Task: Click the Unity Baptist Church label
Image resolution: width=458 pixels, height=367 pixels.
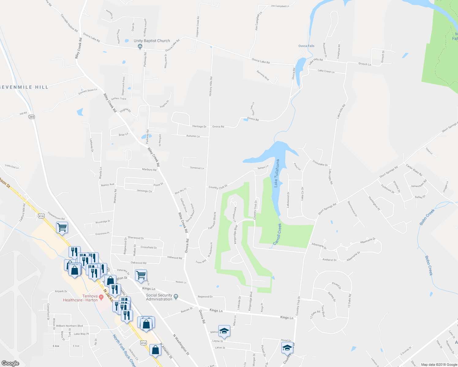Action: (x=152, y=41)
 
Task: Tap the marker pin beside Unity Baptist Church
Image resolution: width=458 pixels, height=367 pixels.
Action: (x=140, y=46)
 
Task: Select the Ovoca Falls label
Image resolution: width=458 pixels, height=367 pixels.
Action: (x=306, y=46)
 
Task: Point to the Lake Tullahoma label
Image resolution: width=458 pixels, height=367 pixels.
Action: (x=277, y=173)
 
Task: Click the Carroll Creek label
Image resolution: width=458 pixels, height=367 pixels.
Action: (x=277, y=234)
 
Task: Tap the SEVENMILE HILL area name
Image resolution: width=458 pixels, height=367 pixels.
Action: (x=24, y=87)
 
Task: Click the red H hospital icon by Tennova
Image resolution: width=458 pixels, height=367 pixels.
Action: (x=101, y=296)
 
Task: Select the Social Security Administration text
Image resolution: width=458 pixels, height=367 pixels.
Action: (x=159, y=297)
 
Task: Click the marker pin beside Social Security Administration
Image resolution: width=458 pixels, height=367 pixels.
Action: (x=176, y=296)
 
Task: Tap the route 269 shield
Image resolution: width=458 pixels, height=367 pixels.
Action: (x=32, y=117)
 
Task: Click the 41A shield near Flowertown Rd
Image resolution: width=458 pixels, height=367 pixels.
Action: (x=41, y=216)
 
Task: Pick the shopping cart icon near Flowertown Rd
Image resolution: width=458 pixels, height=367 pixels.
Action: (x=62, y=227)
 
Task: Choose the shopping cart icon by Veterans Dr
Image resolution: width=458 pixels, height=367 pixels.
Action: (x=141, y=275)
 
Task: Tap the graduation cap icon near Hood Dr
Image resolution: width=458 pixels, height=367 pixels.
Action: (x=287, y=347)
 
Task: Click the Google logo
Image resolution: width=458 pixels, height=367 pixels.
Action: (x=10, y=363)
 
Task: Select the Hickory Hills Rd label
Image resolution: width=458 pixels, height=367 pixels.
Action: (x=210, y=86)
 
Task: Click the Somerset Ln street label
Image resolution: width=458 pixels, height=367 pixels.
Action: (x=197, y=168)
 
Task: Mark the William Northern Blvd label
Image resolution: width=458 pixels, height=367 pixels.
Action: (x=69, y=326)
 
